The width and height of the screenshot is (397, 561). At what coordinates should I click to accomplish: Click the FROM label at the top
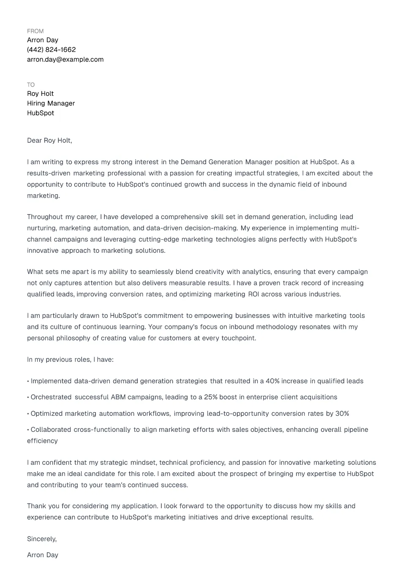tap(35, 31)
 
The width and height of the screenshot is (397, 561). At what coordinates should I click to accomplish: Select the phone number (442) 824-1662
tap(51, 50)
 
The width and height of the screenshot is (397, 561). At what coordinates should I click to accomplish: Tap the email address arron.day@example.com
tap(65, 60)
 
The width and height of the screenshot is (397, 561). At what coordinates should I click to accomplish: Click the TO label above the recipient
tap(31, 85)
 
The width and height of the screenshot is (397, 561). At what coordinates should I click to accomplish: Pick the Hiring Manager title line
tap(51, 103)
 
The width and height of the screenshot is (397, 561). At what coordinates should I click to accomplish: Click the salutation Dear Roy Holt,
tap(49, 141)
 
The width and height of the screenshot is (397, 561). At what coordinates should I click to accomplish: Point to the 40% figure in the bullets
tap(272, 381)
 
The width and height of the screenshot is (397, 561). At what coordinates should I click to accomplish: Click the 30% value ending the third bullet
tap(342, 414)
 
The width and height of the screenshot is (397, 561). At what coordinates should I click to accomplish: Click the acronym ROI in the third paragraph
tap(253, 294)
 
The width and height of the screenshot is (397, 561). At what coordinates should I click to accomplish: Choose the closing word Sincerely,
tap(42, 539)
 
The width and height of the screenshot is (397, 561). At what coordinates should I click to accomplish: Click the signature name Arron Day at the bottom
tap(43, 555)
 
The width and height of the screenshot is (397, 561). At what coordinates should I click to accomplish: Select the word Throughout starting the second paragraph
tap(45, 217)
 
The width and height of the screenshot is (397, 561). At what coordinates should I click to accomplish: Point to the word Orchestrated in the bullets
tap(51, 397)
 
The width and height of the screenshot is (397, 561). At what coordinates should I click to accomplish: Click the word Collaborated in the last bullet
tap(51, 430)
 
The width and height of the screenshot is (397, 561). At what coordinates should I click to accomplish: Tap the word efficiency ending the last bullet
tap(42, 441)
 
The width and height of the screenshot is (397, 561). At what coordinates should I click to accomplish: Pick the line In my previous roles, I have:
tap(70, 360)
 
